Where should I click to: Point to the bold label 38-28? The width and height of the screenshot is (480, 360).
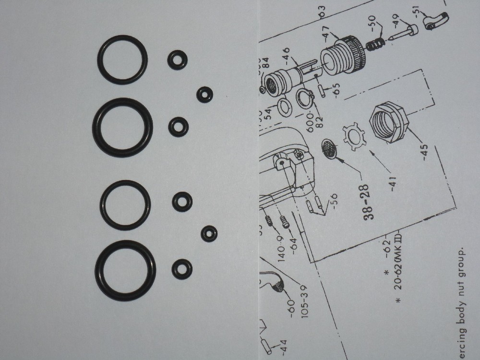point(370,202)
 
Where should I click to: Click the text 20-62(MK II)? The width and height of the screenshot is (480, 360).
point(399,269)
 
